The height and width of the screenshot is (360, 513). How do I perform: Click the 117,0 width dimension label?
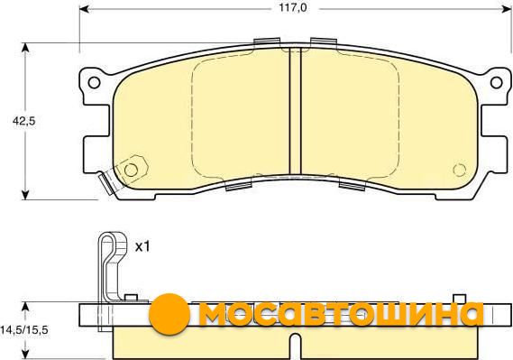click(x=293, y=7)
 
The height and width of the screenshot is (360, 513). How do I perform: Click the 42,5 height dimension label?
click(x=23, y=121)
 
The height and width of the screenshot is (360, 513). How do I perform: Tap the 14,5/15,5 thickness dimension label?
click(x=24, y=330)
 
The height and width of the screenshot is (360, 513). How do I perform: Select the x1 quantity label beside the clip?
click(x=142, y=246)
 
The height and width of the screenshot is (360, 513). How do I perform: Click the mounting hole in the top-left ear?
click(x=95, y=82)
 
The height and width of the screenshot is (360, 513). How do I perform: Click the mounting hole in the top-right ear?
click(x=496, y=82)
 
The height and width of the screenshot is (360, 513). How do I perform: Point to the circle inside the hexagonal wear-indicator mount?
click(x=131, y=170)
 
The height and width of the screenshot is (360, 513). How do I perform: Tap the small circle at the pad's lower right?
click(x=459, y=170)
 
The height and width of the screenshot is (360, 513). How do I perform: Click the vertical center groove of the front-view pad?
click(x=295, y=110)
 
